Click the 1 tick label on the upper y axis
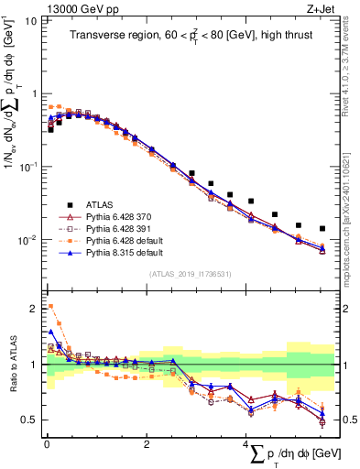35,93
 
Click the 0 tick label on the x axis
47,446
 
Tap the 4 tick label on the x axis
245,446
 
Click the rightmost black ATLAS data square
322,229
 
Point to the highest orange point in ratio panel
50,306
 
